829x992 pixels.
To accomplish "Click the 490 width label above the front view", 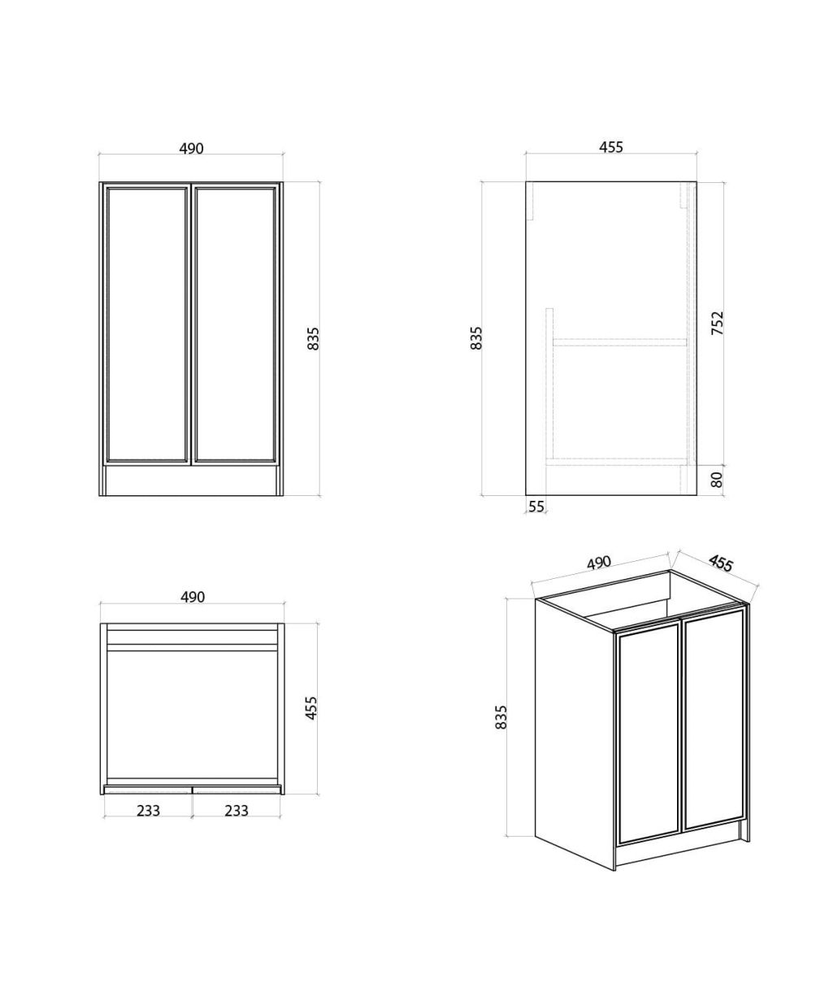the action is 191,149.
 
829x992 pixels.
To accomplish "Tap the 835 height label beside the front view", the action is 314,339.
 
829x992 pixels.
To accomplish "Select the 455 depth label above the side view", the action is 610,147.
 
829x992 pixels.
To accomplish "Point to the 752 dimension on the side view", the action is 717,323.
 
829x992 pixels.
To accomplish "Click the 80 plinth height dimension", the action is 717,480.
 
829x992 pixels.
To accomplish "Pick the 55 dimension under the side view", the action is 536,507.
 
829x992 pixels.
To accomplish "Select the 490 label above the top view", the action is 193,597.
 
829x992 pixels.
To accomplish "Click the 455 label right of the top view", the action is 310,708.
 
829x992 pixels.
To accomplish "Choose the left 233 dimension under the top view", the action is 148,811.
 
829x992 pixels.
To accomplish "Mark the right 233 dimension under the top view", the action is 236,811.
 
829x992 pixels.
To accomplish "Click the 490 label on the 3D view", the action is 598,563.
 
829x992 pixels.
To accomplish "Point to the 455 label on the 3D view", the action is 721,563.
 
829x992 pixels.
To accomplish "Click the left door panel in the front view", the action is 146,324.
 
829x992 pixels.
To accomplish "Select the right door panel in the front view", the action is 235,324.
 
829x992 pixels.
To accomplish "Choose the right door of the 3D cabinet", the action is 713,719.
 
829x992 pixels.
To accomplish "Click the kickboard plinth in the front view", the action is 190,481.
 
